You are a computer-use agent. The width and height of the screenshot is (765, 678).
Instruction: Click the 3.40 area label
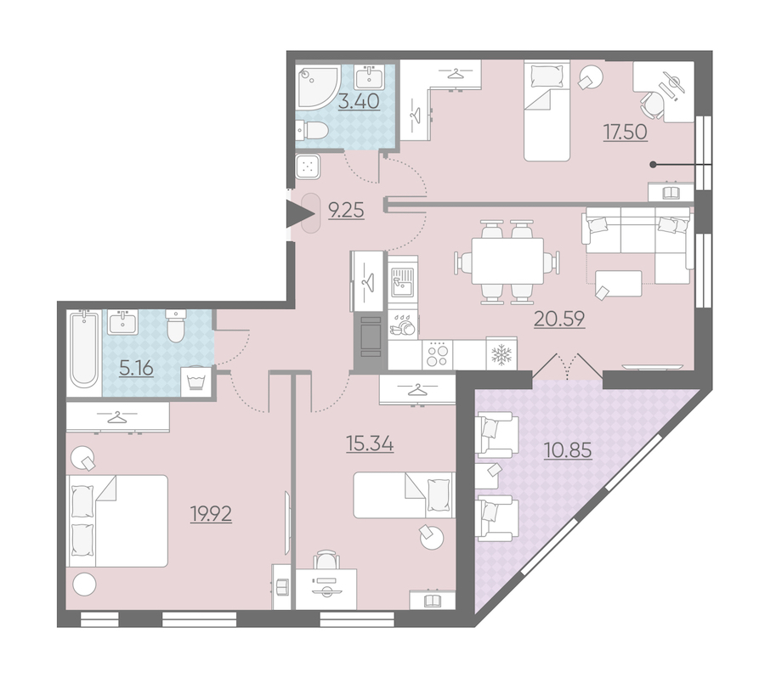359,101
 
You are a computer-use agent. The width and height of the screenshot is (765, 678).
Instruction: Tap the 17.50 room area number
626,133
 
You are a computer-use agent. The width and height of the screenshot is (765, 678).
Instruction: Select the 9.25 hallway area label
347,211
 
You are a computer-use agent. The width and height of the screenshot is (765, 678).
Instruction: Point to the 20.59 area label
559,319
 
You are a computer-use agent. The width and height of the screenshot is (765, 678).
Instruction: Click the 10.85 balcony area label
568,450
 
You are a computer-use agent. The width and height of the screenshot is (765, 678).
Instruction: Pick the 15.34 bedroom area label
370,444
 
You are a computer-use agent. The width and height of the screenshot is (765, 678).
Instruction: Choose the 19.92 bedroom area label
211,514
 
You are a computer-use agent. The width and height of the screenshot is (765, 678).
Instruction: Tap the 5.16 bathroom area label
137,368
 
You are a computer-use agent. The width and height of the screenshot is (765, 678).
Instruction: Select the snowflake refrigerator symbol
501,353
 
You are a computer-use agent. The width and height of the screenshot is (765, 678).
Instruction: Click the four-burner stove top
438,354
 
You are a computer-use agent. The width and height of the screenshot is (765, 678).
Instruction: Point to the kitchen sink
403,282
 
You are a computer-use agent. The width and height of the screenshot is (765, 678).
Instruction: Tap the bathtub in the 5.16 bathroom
84,349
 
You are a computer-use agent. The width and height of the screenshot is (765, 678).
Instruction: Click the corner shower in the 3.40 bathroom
318,88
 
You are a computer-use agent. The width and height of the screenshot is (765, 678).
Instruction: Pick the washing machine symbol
196,382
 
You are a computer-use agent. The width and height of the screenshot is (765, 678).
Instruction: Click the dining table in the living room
507,261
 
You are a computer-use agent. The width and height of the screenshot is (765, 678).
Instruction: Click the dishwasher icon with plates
404,325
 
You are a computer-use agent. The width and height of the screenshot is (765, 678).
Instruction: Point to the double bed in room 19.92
117,521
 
